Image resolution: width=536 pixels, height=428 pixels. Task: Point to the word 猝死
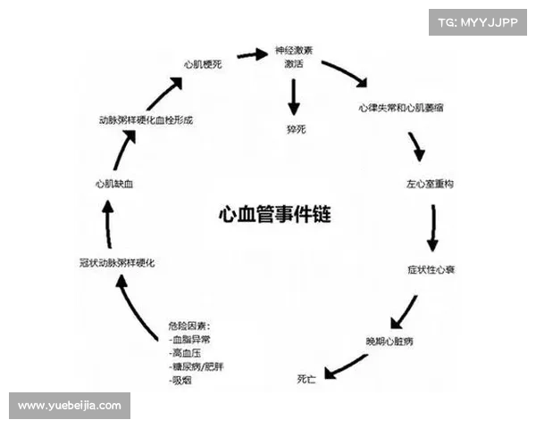296,129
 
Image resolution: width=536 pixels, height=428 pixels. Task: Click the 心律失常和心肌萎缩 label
399,107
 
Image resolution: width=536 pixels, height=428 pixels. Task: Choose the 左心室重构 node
431,185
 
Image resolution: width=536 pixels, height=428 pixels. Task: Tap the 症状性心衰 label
432,268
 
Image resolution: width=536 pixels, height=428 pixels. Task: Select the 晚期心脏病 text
389,342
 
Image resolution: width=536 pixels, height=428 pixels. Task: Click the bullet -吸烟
181,381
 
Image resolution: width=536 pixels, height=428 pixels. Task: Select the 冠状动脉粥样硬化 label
119,263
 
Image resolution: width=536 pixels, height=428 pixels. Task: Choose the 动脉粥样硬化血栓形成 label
146,119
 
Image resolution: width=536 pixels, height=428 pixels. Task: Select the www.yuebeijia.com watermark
70,406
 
